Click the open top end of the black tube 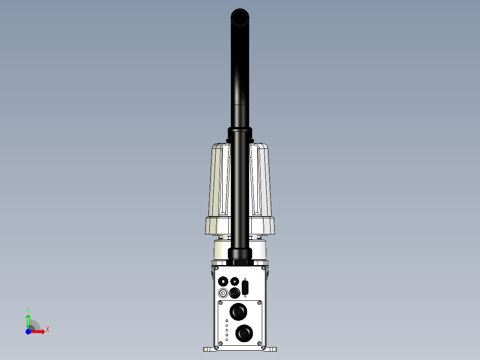(x=240, y=18)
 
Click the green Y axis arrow (x=28, y=319)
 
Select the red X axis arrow (x=39, y=331)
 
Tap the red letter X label (x=48, y=330)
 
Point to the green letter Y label (x=28, y=309)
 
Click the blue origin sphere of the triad (x=28, y=331)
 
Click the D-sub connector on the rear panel (x=245, y=287)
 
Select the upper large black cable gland (x=238, y=311)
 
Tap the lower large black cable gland (x=244, y=333)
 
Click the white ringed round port (x=223, y=293)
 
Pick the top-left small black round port (x=223, y=281)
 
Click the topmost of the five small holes (x=227, y=321)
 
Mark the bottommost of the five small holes (x=227, y=340)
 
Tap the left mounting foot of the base (x=208, y=349)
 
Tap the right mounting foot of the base (x=271, y=349)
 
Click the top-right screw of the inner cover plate (x=260, y=303)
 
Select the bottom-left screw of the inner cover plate (x=220, y=343)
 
